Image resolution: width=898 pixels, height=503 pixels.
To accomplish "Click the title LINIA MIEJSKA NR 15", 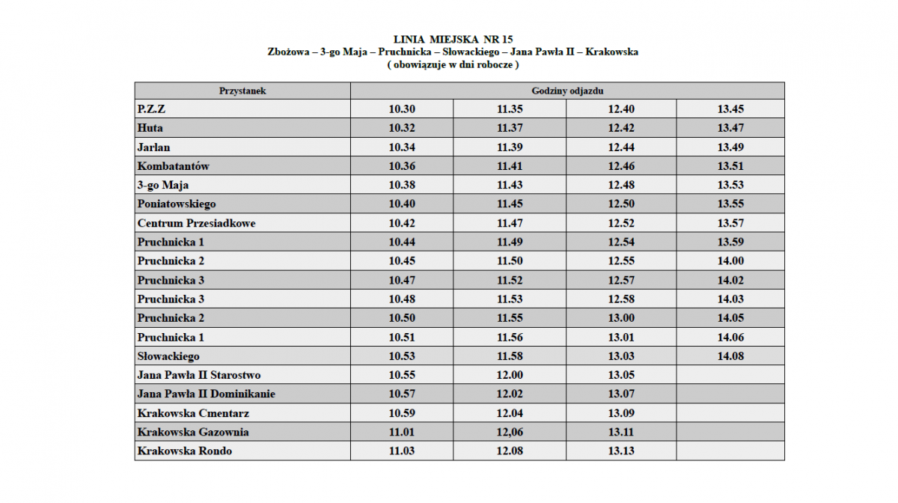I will click(453, 39).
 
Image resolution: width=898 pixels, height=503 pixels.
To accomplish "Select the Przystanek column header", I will click(242, 91).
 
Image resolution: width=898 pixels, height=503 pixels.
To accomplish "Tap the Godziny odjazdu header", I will click(567, 91).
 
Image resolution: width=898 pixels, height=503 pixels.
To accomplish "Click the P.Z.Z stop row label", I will click(152, 109).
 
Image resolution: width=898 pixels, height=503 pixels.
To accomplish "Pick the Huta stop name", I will click(150, 128).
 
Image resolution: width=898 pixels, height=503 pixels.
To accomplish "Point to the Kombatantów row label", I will click(173, 166).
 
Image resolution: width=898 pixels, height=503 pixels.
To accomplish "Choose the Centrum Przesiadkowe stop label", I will click(191, 223).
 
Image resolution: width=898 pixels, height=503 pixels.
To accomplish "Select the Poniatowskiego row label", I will click(177, 204).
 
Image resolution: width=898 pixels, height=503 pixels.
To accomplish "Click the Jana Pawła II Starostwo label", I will click(199, 375).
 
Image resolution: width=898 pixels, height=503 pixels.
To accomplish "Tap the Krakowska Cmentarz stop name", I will click(193, 413).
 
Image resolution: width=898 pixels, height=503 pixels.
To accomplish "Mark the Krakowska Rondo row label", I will click(185, 451).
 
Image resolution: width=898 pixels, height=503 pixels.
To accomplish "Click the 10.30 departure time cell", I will click(402, 109).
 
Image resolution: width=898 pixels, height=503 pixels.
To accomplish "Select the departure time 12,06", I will click(510, 432).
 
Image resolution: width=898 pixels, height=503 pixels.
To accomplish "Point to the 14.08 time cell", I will click(730, 356).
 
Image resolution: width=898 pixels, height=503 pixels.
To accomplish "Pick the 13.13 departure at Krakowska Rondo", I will click(621, 451).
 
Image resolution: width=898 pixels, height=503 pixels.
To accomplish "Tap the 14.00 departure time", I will click(730, 261).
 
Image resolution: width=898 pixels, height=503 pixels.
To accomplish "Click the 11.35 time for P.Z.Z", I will click(510, 109).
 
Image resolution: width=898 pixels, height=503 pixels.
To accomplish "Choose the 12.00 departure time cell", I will click(510, 375).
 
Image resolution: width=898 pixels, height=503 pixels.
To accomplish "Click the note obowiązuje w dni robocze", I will click(453, 64).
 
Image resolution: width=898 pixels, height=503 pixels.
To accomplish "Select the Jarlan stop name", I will click(154, 147).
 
